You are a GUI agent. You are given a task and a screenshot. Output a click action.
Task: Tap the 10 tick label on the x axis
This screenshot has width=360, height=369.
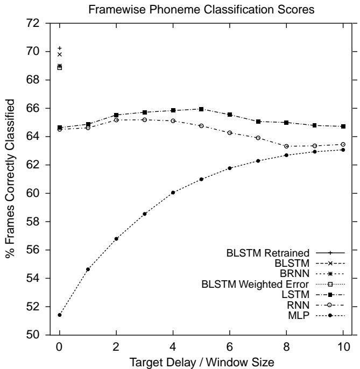(343, 347)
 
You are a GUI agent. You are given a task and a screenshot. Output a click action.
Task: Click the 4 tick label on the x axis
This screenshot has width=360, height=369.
(173, 347)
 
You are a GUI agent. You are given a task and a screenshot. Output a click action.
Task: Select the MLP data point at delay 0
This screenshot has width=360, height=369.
(59, 315)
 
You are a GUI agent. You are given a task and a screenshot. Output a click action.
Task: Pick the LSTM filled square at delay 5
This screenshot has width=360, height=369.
(201, 109)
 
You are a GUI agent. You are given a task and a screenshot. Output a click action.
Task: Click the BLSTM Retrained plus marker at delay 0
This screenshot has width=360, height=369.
(59, 48)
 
